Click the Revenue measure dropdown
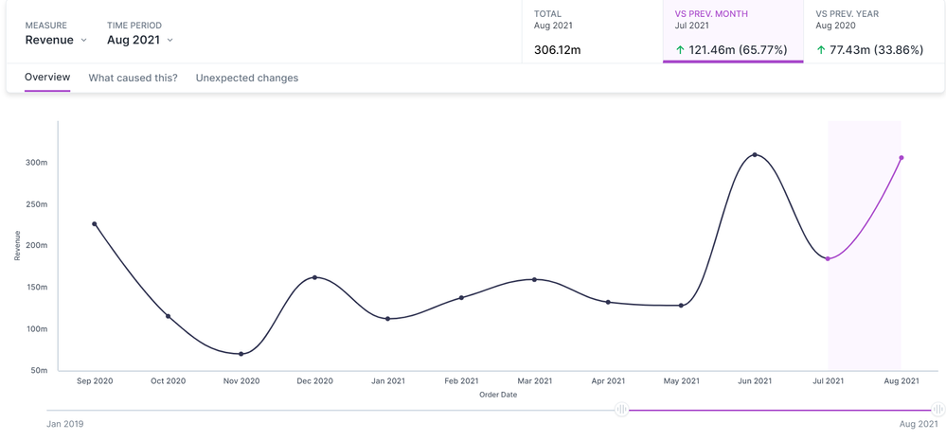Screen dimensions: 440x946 tap(55, 40)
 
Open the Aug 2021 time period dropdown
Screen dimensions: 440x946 tap(139, 40)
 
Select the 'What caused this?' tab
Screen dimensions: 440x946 tap(133, 78)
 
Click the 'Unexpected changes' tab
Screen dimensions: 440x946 tap(246, 78)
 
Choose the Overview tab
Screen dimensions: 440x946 tap(47, 78)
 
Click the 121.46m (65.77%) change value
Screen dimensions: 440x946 tap(731, 49)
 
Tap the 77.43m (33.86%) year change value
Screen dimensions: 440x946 tap(876, 49)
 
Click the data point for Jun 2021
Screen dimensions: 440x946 tap(755, 154)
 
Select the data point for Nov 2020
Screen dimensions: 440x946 tap(241, 354)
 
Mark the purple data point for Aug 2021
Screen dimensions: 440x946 tap(901, 158)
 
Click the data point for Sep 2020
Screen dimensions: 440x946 tap(95, 224)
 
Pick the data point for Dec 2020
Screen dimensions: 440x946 tap(314, 277)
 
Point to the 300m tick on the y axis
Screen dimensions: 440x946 tap(36, 163)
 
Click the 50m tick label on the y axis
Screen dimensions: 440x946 tap(38, 370)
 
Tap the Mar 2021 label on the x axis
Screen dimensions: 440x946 tap(535, 381)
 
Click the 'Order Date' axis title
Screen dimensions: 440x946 tap(498, 395)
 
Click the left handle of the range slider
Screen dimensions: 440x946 tap(621, 410)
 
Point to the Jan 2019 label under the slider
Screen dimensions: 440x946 tap(64, 424)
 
